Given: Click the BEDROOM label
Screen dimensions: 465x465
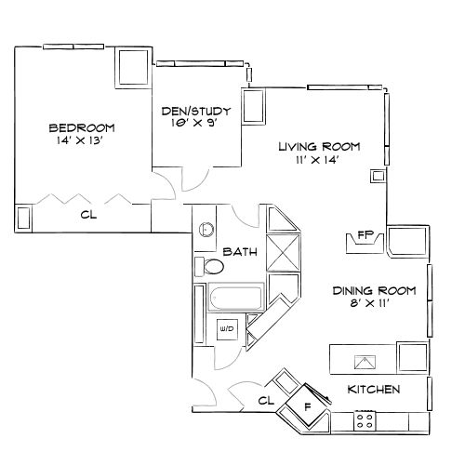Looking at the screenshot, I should (x=81, y=127).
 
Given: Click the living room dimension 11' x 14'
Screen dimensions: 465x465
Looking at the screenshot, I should (x=319, y=161).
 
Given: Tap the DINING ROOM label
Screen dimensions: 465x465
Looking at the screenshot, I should (x=375, y=291).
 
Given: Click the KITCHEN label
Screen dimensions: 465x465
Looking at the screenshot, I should (x=374, y=389).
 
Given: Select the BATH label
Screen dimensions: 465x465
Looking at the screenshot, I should (x=240, y=251).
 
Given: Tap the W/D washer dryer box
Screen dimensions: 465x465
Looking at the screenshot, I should (x=226, y=329).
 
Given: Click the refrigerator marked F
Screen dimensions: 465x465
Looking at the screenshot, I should (x=308, y=406).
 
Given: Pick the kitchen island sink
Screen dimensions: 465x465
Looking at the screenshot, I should (x=365, y=360).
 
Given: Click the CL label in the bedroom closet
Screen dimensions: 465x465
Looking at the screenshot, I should (x=88, y=215).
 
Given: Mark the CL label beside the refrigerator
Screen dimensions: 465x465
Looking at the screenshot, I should (x=265, y=401).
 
